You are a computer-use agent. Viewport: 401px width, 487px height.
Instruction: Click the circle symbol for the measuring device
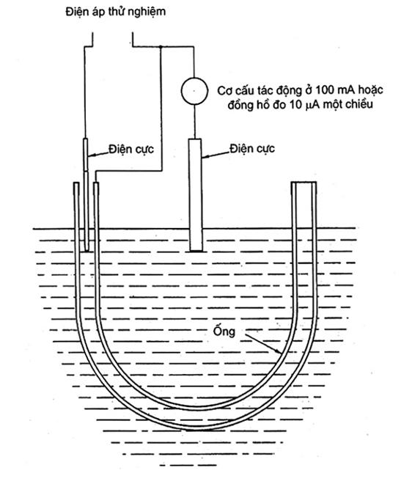point(194,91)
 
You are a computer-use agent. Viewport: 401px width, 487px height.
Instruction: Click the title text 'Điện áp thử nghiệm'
point(115,12)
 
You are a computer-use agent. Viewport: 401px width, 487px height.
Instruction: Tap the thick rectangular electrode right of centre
point(195,195)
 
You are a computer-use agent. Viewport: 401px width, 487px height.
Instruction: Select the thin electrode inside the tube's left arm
point(86,195)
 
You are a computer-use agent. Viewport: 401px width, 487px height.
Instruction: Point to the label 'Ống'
point(224,330)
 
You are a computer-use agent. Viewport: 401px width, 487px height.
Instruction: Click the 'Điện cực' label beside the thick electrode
point(252,148)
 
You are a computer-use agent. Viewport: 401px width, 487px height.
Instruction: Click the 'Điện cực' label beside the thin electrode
point(131,149)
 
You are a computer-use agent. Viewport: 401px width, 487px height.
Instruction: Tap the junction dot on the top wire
point(161,47)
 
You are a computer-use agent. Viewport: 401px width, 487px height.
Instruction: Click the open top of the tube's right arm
point(303,183)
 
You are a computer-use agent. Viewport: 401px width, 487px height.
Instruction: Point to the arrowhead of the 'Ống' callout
point(280,352)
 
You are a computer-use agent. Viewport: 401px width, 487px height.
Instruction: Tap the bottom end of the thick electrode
point(196,251)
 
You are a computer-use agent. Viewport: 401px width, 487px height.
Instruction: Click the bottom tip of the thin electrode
point(87,251)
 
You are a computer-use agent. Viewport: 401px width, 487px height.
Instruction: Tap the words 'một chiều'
point(348,104)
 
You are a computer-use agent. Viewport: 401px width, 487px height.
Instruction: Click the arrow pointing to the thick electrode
point(216,155)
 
